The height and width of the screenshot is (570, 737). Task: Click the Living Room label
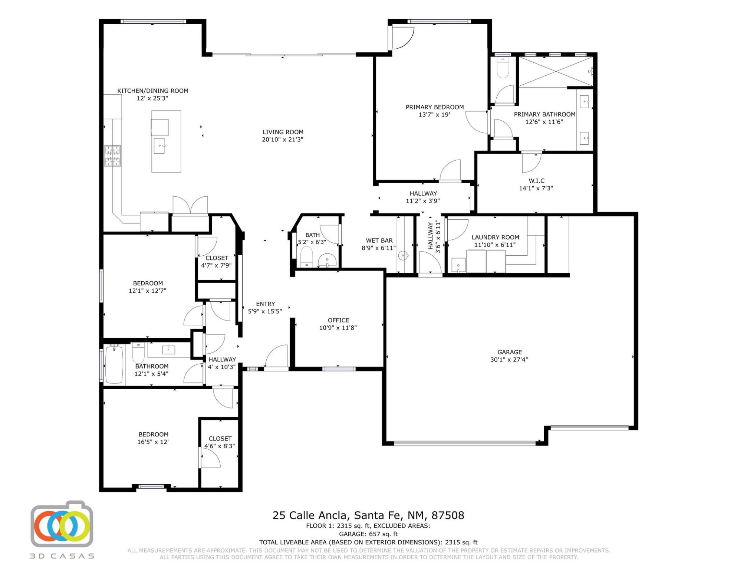tap(283, 132)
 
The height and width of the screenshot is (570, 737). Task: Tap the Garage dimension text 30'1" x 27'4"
tap(509, 360)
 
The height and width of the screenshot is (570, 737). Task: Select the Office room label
tap(338, 320)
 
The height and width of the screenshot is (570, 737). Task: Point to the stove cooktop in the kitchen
tap(112, 155)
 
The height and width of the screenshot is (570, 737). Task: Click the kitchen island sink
tap(159, 146)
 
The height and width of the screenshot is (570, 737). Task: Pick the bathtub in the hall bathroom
tap(114, 364)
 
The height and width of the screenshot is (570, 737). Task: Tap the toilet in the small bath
tap(306, 257)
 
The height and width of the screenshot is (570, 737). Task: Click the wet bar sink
tap(403, 255)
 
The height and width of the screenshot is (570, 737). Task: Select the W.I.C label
tap(536, 181)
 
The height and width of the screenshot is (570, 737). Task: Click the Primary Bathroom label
tap(544, 114)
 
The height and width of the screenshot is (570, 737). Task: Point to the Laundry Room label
tap(495, 237)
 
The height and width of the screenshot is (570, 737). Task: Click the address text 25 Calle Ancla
tap(310, 515)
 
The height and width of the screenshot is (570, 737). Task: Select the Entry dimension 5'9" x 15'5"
tap(265, 311)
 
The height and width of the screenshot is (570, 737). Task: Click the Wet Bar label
tap(379, 240)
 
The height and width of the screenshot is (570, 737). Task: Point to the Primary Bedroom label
tap(434, 107)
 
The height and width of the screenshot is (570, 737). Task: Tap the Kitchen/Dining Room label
tap(153, 91)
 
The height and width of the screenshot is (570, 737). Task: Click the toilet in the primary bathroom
tap(503, 68)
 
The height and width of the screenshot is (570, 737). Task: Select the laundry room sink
tap(458, 265)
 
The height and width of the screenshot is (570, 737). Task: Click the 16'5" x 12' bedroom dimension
tap(153, 442)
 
